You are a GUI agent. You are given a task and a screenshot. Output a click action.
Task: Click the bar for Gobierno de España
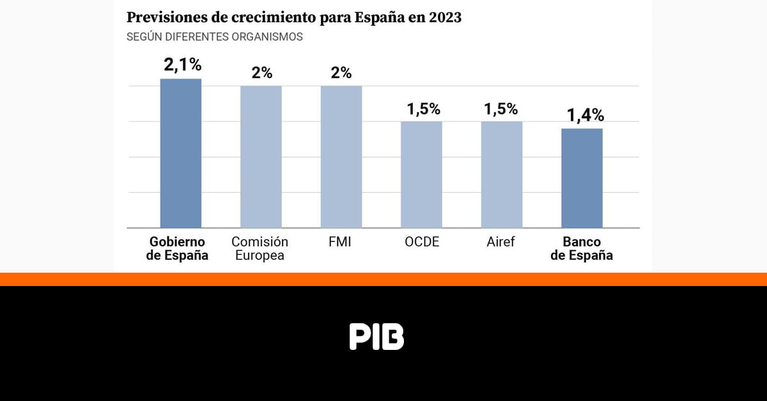point(180,153)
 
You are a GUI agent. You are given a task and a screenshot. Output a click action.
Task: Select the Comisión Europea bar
point(261,156)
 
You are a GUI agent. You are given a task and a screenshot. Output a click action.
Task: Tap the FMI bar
point(341,156)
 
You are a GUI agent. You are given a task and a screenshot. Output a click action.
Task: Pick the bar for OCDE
point(421,174)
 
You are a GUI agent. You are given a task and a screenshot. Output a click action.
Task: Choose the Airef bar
point(502,174)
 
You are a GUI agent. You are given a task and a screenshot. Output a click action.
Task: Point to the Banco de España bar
point(582,178)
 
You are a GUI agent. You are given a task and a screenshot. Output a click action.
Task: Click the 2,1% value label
point(183,64)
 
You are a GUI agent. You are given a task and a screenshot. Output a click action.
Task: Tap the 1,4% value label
point(585,115)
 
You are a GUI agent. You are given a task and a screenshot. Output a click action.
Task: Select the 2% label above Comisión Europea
point(262,73)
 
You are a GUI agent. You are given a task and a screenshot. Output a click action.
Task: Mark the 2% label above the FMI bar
point(341,73)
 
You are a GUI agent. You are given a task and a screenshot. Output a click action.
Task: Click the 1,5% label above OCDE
point(424,109)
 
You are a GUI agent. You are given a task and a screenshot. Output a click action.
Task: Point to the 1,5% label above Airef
point(500,109)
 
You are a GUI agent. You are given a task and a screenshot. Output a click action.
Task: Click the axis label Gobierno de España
point(177,248)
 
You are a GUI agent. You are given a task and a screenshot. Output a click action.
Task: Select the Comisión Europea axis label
point(260,248)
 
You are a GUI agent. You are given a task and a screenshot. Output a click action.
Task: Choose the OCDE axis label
point(422,242)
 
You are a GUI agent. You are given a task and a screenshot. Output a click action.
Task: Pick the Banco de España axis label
point(582,248)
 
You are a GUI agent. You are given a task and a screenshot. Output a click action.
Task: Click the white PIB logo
point(376,337)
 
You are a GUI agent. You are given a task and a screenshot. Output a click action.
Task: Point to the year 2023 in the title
point(442,17)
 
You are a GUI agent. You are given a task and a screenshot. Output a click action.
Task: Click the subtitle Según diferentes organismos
point(214,37)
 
